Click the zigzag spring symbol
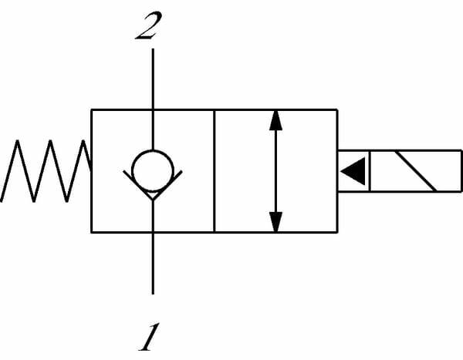(x=46, y=170)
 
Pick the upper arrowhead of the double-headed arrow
(x=275, y=123)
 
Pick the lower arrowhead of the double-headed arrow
(x=275, y=220)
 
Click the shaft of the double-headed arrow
(x=275, y=170)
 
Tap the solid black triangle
(x=354, y=171)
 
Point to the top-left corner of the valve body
(x=92, y=110)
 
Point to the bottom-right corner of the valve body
(x=336, y=231)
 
